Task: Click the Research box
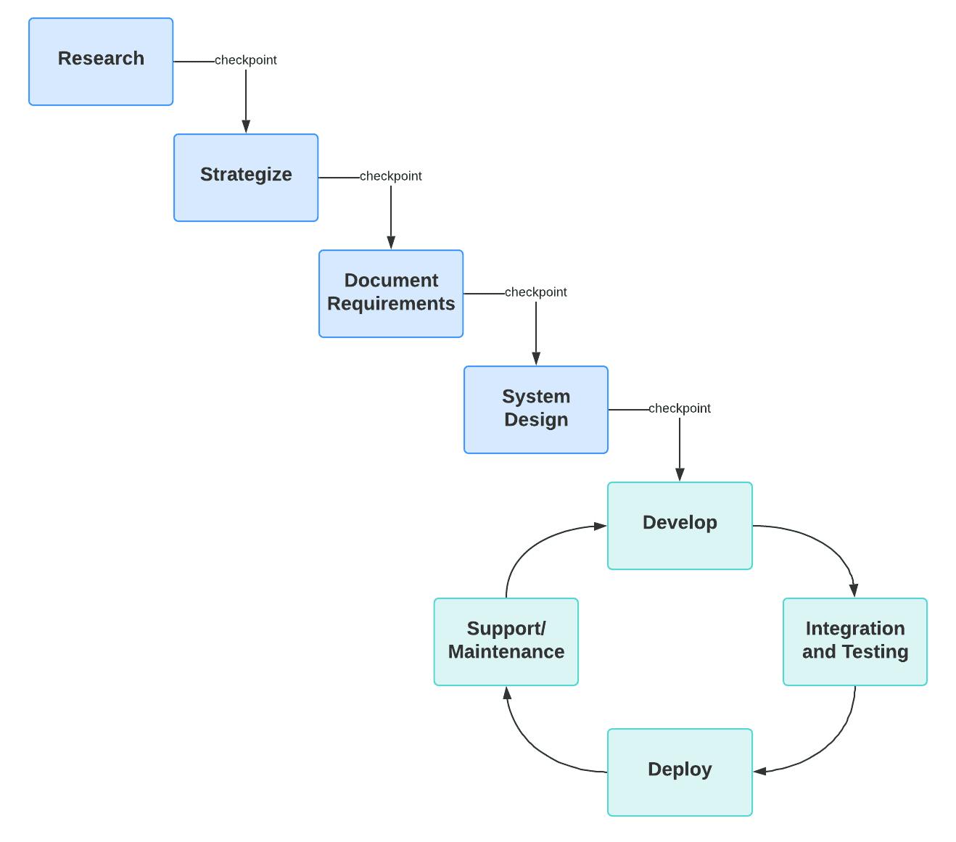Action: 101,62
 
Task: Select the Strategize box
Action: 246,178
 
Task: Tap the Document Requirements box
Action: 391,294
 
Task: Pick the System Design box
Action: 536,410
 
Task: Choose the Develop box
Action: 680,526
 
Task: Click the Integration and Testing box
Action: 855,642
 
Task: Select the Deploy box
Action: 680,772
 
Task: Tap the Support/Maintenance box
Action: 506,642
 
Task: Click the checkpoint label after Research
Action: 246,60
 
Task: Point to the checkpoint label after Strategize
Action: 391,176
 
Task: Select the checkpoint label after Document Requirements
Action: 536,292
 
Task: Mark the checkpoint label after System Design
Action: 680,408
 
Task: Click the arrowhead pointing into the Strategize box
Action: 246,126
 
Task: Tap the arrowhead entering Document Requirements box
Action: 391,242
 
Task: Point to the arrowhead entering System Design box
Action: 536,358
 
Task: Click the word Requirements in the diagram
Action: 391,304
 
